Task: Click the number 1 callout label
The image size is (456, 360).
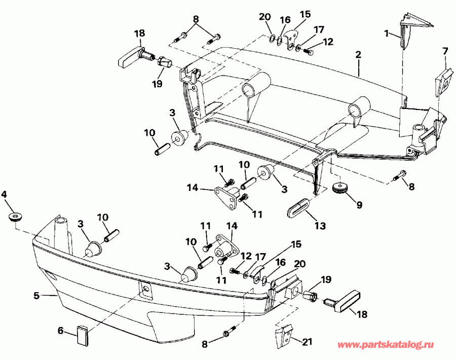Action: click(387, 34)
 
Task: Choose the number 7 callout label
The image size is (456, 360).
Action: click(445, 51)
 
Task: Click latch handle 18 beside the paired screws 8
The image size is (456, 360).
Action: click(130, 56)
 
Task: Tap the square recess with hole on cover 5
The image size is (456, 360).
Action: click(146, 290)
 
